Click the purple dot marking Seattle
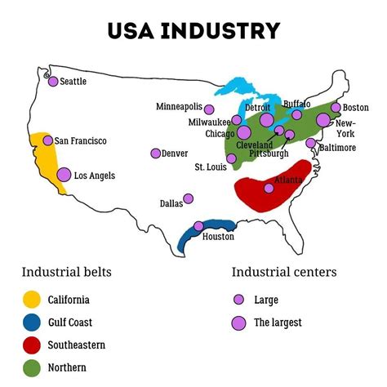[x=53, y=82]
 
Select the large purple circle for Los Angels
[x=64, y=175]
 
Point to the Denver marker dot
[x=156, y=153]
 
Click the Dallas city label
[x=171, y=203]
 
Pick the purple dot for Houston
[x=198, y=227]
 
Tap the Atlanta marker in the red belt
[x=269, y=189]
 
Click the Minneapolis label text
[x=180, y=107]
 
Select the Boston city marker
[x=336, y=108]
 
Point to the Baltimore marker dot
[x=310, y=143]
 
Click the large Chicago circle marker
[x=243, y=133]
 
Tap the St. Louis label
[x=210, y=167]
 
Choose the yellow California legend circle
[x=30, y=300]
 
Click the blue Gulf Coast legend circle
[x=30, y=322]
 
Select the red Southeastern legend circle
[x=30, y=345]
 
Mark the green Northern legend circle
[x=30, y=367]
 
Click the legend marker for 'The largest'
[x=239, y=322]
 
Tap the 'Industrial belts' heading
[x=66, y=272]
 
